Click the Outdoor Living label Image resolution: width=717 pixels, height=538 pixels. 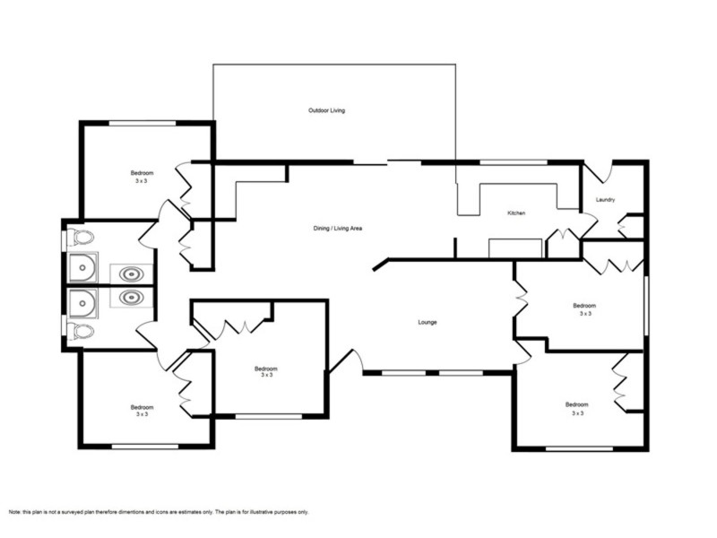pyautogui.click(x=326, y=110)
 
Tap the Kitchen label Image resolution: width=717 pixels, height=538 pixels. pyautogui.click(x=516, y=213)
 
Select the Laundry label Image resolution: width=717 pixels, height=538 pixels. pyautogui.click(x=606, y=199)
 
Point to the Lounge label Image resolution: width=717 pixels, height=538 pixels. pyautogui.click(x=428, y=322)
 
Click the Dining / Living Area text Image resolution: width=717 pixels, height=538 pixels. pyautogui.click(x=338, y=229)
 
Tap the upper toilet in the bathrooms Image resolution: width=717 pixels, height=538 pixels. pyautogui.click(x=81, y=237)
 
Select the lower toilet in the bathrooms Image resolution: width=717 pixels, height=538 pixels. pyautogui.click(x=81, y=331)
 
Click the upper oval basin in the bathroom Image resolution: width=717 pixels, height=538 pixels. pyautogui.click(x=131, y=274)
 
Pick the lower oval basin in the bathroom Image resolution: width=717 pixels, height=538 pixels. pyautogui.click(x=131, y=298)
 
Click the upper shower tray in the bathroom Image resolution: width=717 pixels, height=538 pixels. pyautogui.click(x=82, y=267)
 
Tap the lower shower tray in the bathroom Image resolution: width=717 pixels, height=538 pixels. pyautogui.click(x=82, y=303)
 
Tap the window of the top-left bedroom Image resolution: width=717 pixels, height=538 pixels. pyautogui.click(x=143, y=123)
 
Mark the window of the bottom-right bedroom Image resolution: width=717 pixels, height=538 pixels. pyautogui.click(x=579, y=449)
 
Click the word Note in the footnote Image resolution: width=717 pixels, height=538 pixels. pyautogui.click(x=14, y=512)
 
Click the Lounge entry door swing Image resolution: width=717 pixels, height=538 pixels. pyautogui.click(x=348, y=360)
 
